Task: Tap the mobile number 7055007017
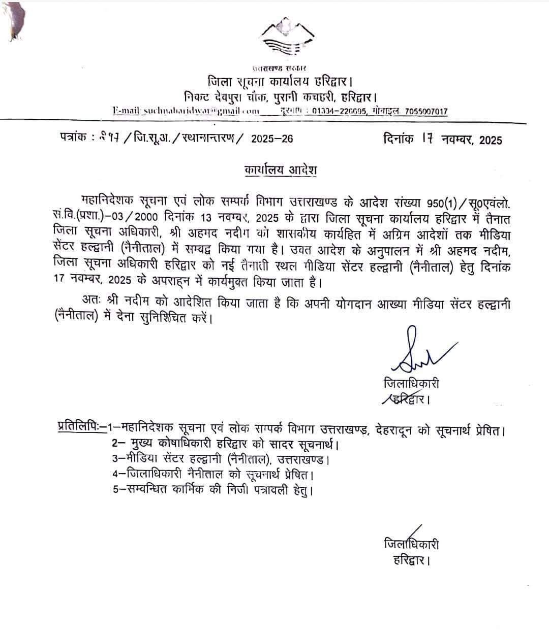click(426, 111)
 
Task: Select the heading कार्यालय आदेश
click(280, 170)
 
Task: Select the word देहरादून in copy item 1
click(396, 431)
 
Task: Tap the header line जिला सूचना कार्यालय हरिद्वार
click(280, 81)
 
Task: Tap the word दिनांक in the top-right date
click(401, 138)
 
